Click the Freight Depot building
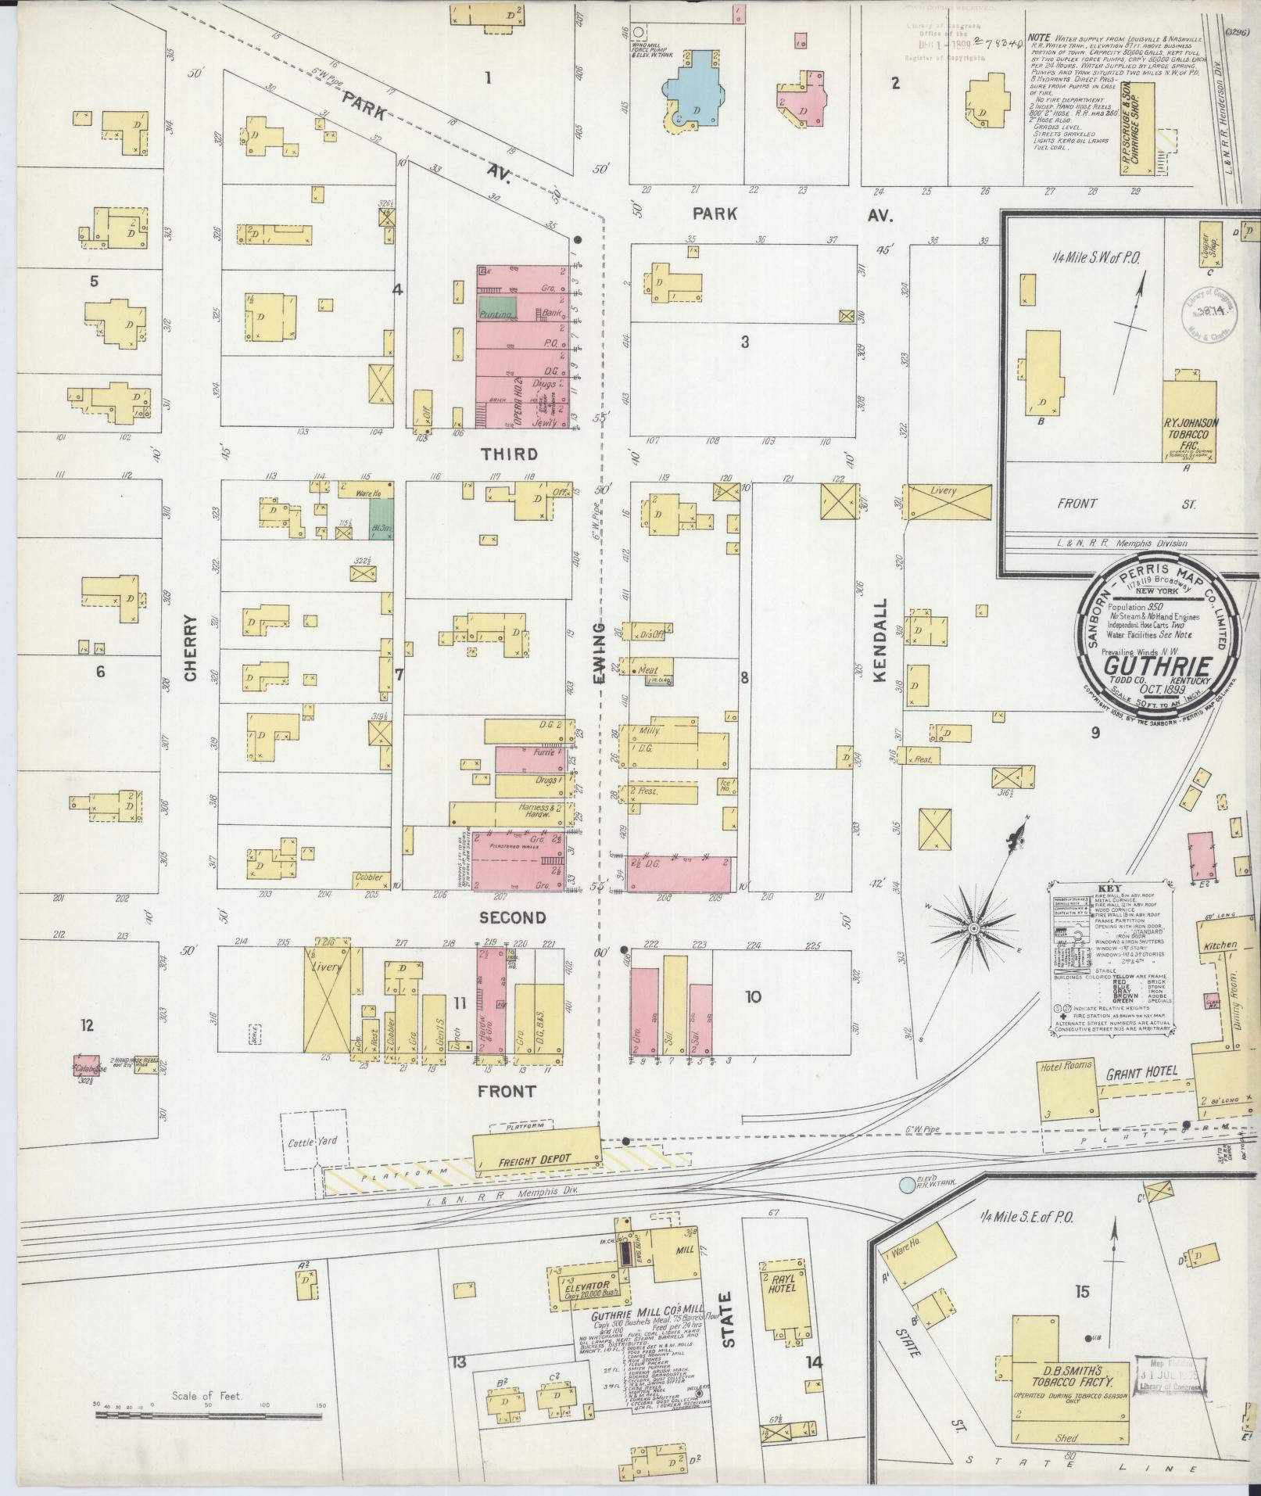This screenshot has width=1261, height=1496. [x=536, y=1159]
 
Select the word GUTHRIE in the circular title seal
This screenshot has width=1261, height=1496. [x=1158, y=666]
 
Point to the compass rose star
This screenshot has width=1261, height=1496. [x=974, y=928]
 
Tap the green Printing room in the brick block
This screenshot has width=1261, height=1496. [x=497, y=308]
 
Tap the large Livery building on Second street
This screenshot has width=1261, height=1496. [x=327, y=999]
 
